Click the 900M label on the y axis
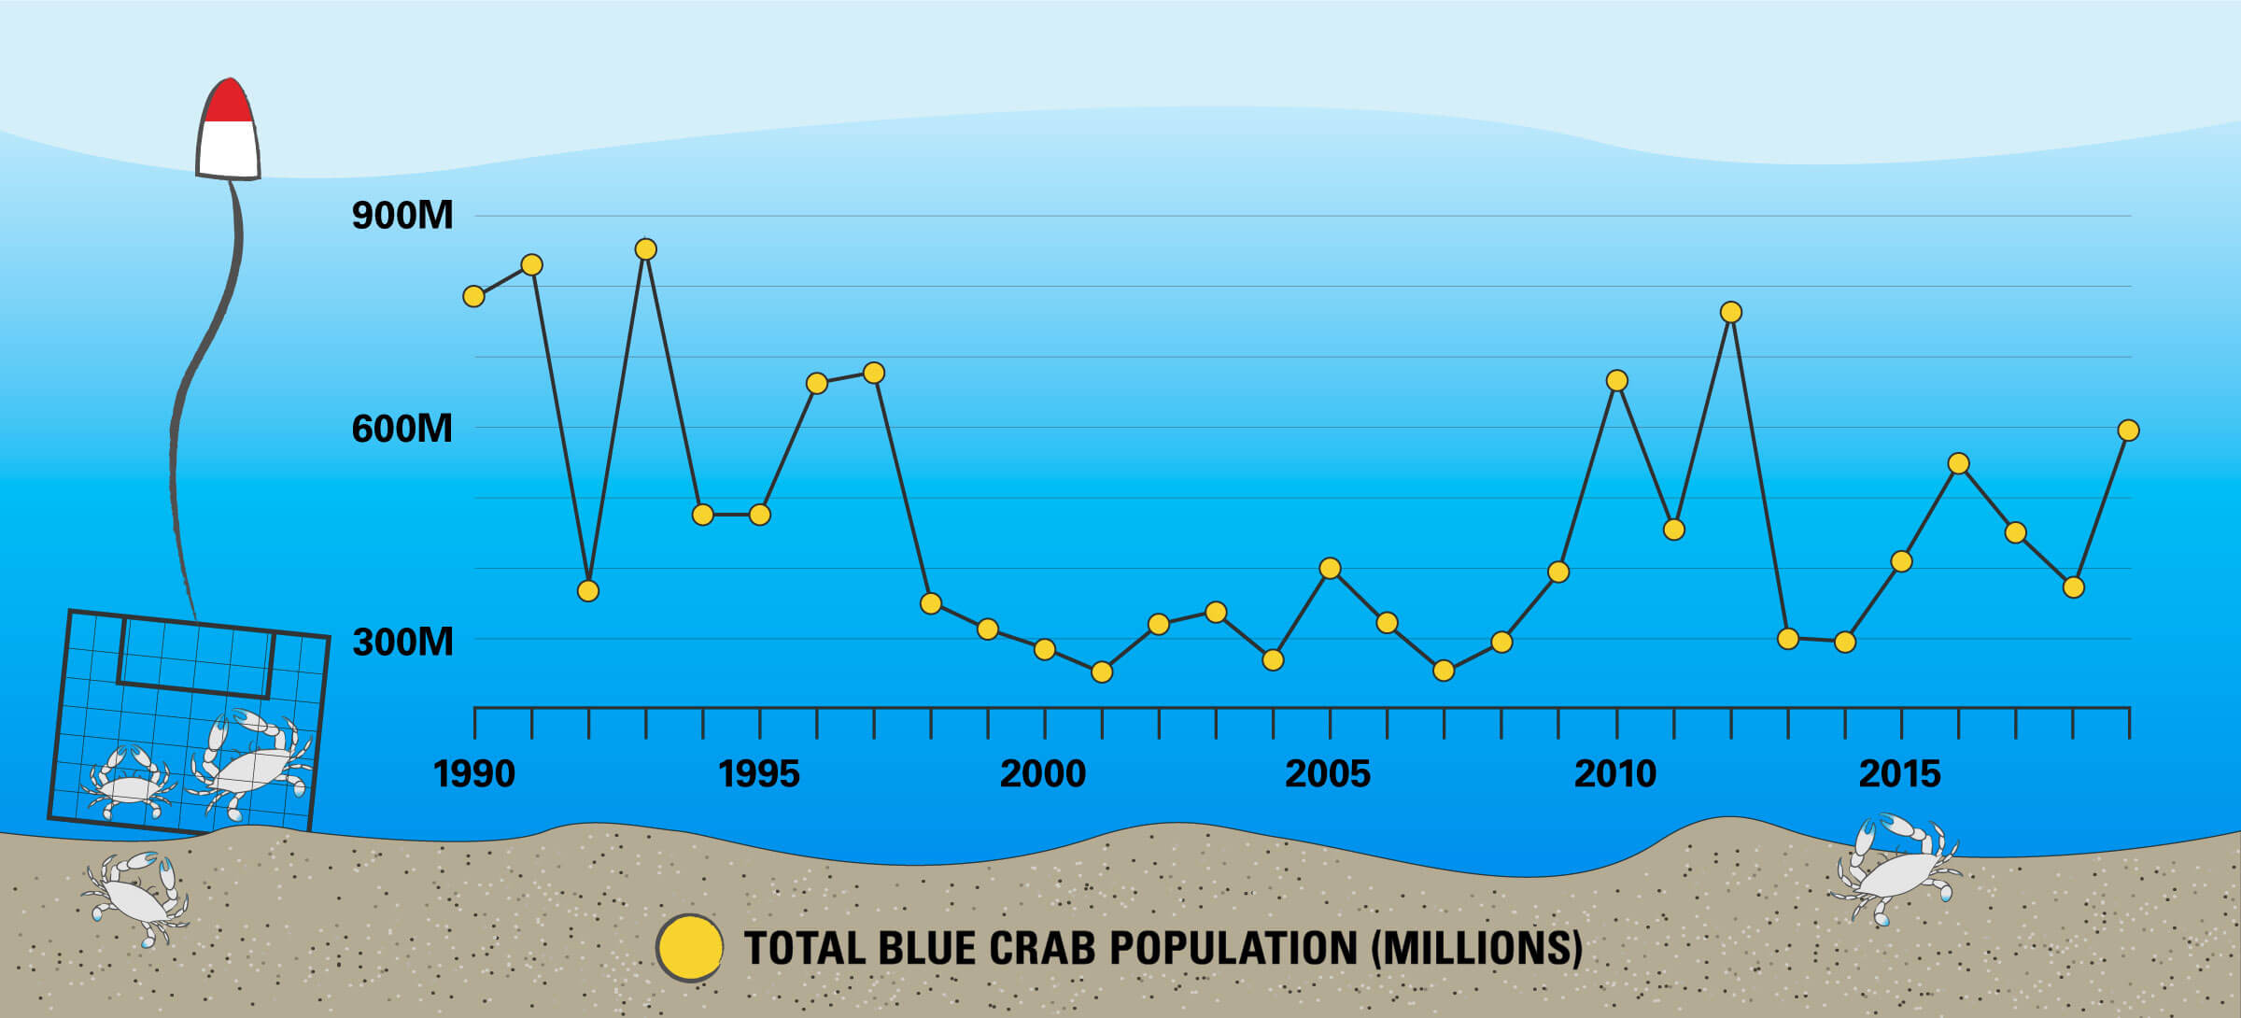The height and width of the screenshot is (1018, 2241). [402, 216]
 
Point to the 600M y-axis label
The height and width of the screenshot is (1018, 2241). [402, 429]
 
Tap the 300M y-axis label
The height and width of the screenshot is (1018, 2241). [402, 643]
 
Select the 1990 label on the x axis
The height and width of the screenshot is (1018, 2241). [474, 774]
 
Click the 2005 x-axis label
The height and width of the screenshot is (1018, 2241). [1328, 774]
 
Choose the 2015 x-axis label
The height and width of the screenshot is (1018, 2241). [1899, 774]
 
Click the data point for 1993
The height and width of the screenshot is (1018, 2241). [645, 249]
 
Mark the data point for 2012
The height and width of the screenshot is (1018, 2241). [1730, 312]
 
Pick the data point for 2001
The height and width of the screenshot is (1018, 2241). [1102, 672]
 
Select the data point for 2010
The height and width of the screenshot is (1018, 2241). [1616, 380]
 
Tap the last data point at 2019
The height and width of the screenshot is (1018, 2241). [2128, 431]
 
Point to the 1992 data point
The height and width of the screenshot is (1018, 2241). [587, 591]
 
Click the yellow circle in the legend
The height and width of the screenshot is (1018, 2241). [690, 948]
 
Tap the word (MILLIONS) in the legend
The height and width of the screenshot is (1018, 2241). [1477, 948]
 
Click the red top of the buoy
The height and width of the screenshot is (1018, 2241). [229, 103]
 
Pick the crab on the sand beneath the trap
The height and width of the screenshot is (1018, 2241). [136, 897]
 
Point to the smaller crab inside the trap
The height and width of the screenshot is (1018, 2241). [129, 782]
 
